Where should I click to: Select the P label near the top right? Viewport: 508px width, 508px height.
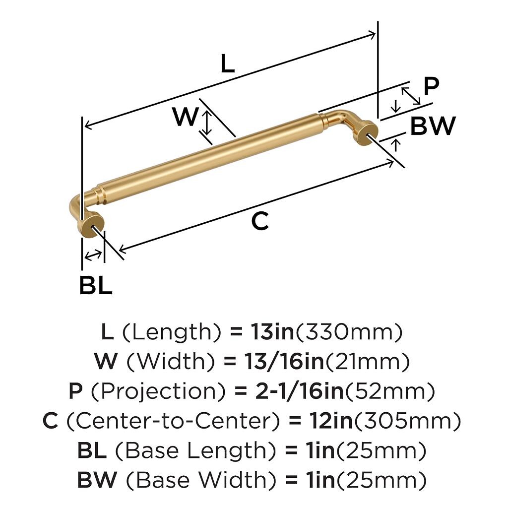[431, 86]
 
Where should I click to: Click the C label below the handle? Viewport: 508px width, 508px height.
[260, 221]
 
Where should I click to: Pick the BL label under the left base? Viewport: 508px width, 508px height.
[96, 285]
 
